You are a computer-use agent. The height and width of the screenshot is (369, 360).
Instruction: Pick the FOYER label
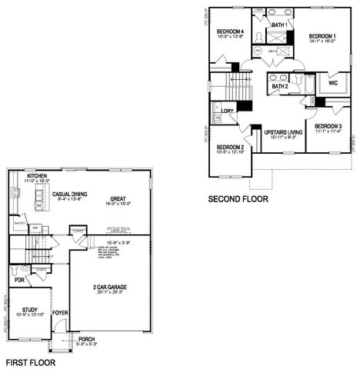pos(60,313)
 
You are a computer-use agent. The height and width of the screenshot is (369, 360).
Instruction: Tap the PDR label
pos(19,280)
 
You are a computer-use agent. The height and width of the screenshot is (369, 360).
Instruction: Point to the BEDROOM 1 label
pos(322,36)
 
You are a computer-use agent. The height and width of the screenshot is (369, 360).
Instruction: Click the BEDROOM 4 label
pos(230,30)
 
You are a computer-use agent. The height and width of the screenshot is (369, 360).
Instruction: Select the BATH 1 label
pos(280,25)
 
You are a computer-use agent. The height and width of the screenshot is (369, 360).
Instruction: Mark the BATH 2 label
pos(279,86)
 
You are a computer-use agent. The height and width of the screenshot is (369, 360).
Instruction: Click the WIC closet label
pos(332,83)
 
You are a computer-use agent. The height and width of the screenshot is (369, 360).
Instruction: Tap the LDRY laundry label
pos(226,112)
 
